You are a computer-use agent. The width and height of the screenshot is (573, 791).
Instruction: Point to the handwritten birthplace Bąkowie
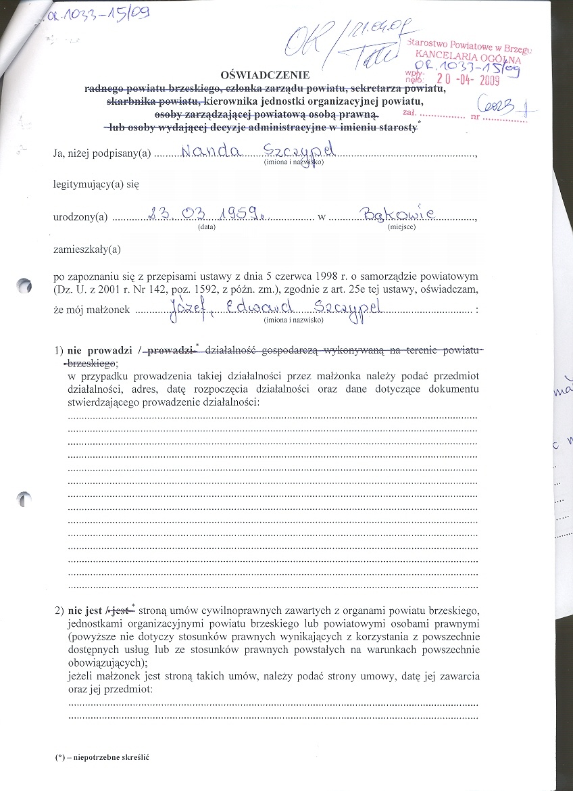click(401, 214)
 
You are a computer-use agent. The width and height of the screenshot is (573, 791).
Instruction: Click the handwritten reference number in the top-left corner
click(98, 15)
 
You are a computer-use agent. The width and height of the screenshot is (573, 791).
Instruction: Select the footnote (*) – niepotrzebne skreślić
click(102, 757)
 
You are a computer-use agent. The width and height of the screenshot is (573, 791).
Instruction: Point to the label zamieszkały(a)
click(86, 249)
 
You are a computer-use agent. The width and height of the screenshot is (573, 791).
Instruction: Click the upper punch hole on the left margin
click(25, 286)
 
